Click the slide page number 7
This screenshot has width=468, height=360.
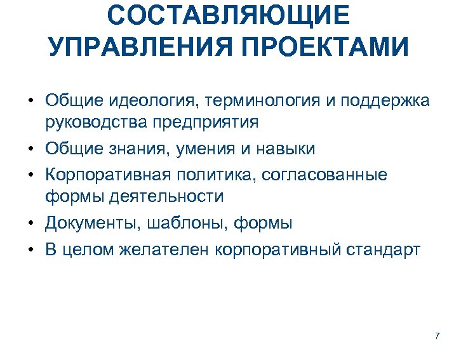coord(437,335)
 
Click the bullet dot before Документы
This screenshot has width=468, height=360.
coord(31,223)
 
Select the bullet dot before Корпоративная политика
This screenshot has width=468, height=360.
coord(31,175)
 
